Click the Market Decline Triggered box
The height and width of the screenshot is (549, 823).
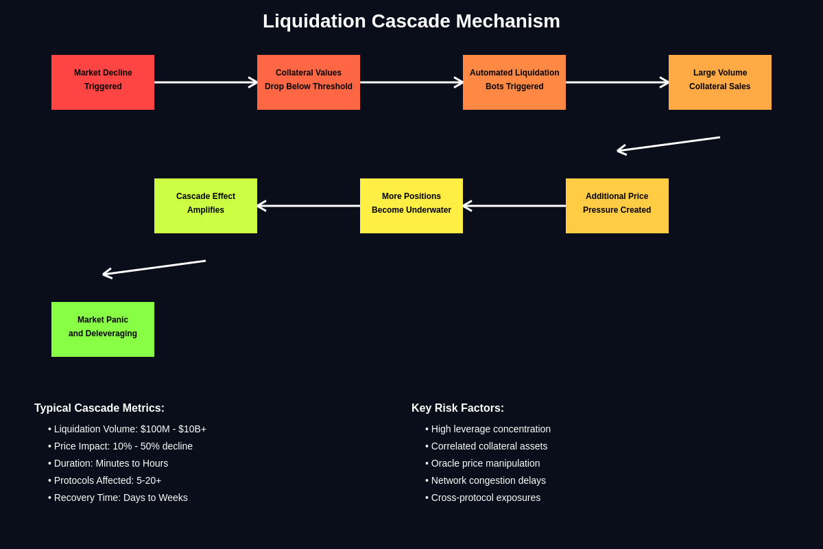pos(103,82)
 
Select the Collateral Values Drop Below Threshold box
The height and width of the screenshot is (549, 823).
pos(309,82)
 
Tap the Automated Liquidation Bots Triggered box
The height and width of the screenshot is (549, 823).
pos(514,82)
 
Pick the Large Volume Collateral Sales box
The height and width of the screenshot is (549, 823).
pos(720,82)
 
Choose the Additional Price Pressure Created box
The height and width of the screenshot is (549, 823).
pos(617,206)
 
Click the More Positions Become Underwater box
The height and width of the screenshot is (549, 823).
pos(411,206)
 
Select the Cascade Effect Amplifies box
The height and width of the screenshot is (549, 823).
pos(206,206)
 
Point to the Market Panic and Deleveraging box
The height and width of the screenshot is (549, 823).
pos(103,329)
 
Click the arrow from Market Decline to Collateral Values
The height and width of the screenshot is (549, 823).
pos(206,82)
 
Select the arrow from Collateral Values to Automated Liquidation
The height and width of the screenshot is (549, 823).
pos(411,82)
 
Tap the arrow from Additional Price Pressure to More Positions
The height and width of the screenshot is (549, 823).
pos(514,206)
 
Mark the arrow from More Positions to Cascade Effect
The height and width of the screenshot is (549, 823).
pos(309,206)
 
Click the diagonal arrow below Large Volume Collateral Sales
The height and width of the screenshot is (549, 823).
pos(669,144)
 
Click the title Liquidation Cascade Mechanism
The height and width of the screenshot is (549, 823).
pos(411,21)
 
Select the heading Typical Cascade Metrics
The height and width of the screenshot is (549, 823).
pos(99,408)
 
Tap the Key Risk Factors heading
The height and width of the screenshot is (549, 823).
pos(457,408)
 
